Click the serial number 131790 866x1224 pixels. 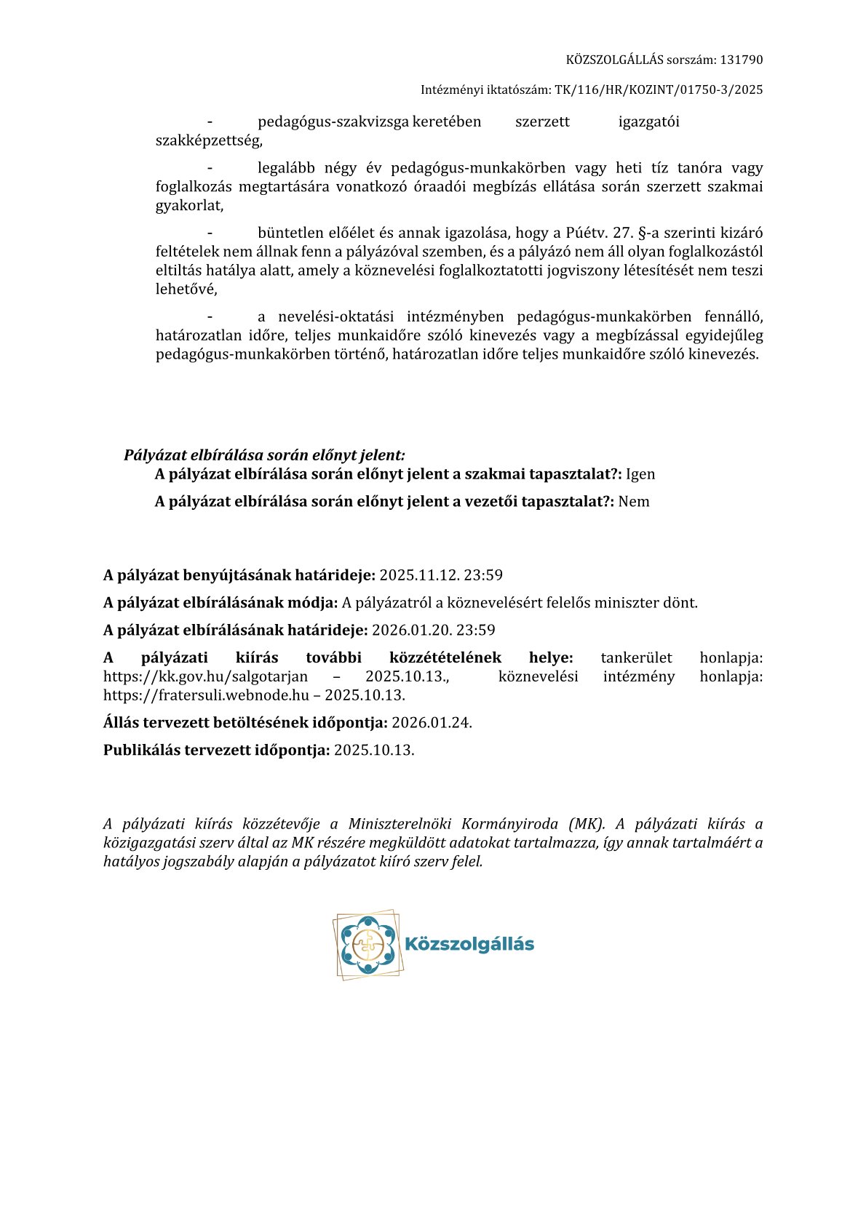click(742, 60)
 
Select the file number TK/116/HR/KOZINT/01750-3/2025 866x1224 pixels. click(659, 89)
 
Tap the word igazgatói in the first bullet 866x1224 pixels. click(648, 121)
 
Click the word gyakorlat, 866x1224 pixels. click(189, 205)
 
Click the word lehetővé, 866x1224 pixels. click(186, 289)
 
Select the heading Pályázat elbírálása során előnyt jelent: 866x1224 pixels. click(264, 455)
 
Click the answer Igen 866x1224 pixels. click(640, 474)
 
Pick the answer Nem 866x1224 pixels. click(634, 501)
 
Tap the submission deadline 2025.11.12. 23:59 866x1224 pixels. click(441, 575)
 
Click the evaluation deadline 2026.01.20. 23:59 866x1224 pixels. click(434, 630)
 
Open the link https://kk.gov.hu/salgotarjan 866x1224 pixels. click(205, 676)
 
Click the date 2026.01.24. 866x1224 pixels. click(432, 722)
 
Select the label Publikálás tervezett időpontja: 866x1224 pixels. click(216, 750)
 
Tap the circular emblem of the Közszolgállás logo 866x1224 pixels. click(368, 944)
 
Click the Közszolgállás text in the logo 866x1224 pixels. click(469, 944)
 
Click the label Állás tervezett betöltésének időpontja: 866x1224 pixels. click(245, 722)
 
